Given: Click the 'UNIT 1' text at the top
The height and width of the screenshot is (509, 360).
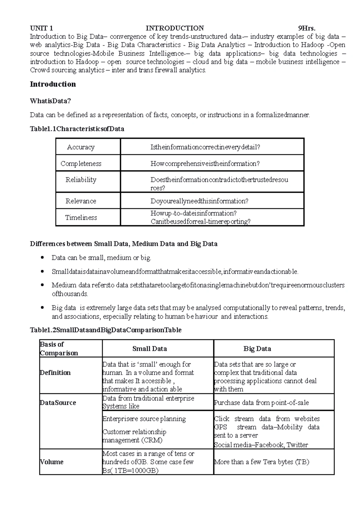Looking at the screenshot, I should click(x=41, y=28).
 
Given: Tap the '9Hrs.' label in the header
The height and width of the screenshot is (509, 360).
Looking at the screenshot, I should click(x=307, y=28).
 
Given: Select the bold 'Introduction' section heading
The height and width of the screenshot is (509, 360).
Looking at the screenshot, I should click(x=53, y=84).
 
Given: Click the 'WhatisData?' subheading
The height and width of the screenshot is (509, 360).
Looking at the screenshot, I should click(x=50, y=101).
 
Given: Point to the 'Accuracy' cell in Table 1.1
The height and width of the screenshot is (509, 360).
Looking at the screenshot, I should click(x=81, y=147).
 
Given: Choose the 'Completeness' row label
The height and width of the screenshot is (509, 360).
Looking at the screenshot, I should click(x=81, y=163).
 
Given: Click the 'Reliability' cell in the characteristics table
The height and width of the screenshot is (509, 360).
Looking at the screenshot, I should click(x=81, y=180).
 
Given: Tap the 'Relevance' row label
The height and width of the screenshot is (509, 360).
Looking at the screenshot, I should click(x=81, y=201).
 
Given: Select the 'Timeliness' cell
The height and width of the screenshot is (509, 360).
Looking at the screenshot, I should click(x=81, y=217).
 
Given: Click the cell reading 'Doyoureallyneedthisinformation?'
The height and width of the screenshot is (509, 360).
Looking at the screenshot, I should click(x=199, y=201).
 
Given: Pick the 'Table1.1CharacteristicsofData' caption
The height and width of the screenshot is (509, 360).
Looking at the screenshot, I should click(x=77, y=129).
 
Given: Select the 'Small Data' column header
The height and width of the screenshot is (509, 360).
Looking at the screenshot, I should click(x=150, y=349).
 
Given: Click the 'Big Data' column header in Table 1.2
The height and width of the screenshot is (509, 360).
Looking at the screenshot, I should click(x=257, y=349).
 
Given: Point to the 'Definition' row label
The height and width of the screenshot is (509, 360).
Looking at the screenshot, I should click(x=55, y=373).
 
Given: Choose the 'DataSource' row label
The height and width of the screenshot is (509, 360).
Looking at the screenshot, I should click(x=58, y=403).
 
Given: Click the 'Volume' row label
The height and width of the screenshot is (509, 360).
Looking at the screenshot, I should click(x=52, y=462).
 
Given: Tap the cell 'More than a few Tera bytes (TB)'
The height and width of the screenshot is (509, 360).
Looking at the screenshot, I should click(x=262, y=462).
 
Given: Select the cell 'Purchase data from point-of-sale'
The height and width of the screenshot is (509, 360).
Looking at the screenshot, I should click(x=262, y=403).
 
